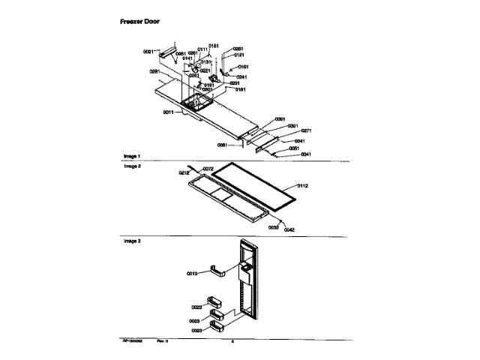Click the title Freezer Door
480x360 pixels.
pos(139,22)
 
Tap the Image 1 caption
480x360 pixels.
pos(132,156)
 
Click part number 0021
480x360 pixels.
pos(148,52)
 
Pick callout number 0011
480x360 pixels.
pos(168,112)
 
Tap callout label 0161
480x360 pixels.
pos(244,67)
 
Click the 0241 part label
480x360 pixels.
pos(242,76)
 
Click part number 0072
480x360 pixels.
pos(208,169)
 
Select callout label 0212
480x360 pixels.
pos(184,173)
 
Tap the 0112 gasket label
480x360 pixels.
pos(303,184)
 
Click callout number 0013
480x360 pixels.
pos(191,274)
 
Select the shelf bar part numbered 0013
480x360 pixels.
pos(215,271)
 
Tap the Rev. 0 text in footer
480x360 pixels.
pos(162,341)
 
